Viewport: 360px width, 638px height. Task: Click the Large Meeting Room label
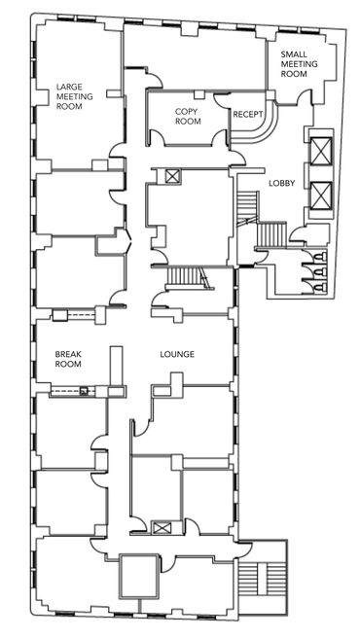click(x=75, y=96)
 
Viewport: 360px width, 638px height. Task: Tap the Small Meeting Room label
click(x=300, y=64)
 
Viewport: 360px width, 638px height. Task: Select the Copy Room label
click(x=188, y=117)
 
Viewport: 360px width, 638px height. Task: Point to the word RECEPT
click(x=247, y=115)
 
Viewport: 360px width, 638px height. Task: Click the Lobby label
click(x=281, y=184)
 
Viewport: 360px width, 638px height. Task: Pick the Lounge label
click(x=177, y=354)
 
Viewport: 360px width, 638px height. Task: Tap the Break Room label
click(x=68, y=359)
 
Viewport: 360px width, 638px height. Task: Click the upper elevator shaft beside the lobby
click(x=321, y=151)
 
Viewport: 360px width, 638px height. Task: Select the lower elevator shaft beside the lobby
click(x=321, y=195)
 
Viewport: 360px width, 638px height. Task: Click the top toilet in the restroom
click(x=320, y=257)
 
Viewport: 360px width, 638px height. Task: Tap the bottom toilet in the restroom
click(x=320, y=288)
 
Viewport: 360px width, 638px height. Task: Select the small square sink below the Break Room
click(x=84, y=391)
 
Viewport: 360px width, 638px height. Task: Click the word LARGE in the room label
click(x=69, y=88)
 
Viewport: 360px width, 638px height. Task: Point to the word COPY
click(x=186, y=112)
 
